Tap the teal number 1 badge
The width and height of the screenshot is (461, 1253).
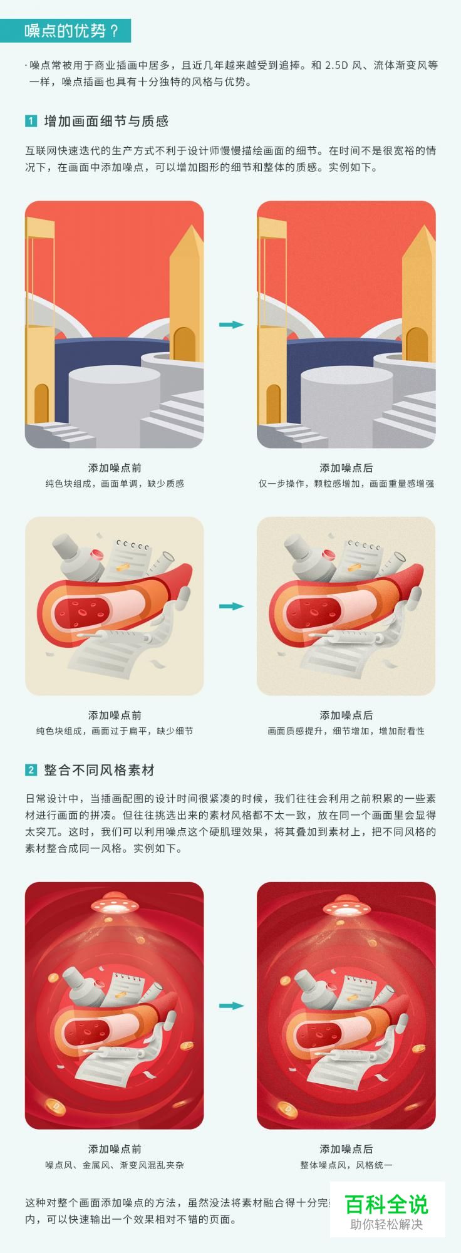point(31,121)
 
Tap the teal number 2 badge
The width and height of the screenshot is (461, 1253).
point(31,770)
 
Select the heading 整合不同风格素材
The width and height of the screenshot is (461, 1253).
point(99,770)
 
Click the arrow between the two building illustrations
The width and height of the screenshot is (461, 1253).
point(230,325)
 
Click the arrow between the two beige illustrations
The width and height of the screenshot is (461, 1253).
point(230,606)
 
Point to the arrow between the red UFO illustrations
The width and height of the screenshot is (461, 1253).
point(230,1006)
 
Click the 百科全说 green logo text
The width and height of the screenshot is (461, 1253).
point(386,1204)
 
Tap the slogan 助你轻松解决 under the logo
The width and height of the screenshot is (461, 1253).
point(386,1224)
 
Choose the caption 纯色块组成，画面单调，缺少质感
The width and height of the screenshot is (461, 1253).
point(115,484)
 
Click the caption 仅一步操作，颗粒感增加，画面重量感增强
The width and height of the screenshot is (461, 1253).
point(346,484)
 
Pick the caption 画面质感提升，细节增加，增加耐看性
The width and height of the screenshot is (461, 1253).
point(346,730)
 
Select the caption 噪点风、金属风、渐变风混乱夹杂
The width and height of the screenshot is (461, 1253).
point(115,1165)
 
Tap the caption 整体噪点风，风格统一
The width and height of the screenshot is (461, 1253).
point(346,1165)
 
